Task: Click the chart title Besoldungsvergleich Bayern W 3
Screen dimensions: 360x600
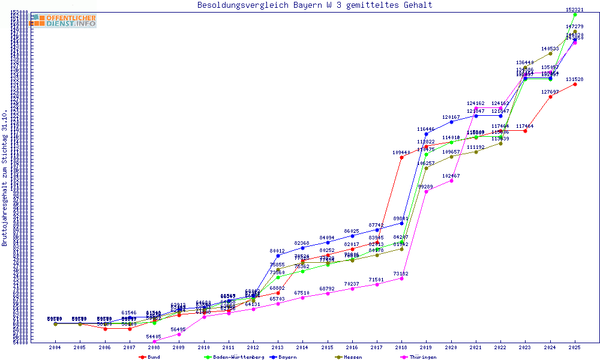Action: pos(314,5)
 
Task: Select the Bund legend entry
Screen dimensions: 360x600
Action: pos(150,357)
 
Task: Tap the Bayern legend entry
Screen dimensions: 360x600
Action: pos(283,357)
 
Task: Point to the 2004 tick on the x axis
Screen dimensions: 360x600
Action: pos(55,347)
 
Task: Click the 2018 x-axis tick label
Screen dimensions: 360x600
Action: pos(401,347)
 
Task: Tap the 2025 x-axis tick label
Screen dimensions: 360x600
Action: pos(575,347)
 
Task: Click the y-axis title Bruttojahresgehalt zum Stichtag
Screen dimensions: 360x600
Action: pos(5,178)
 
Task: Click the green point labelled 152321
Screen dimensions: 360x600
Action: pos(575,14)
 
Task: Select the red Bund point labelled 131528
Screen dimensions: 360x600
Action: pos(575,84)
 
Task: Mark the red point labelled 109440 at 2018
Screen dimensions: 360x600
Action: pos(401,158)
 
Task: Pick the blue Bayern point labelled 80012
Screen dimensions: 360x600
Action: pos(278,256)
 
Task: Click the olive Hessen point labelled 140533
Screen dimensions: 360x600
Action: pos(550,53)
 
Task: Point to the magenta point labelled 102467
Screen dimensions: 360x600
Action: pos(451,181)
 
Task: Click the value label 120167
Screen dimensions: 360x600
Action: pos(451,117)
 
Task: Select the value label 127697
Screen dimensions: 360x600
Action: pos(550,92)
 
